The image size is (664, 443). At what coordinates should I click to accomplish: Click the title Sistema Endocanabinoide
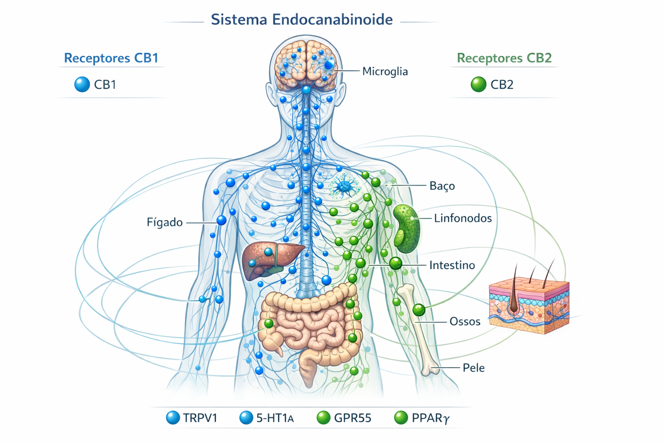click(301, 19)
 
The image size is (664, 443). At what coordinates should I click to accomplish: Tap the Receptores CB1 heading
click(111, 58)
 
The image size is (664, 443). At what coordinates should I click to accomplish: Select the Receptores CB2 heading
click(504, 58)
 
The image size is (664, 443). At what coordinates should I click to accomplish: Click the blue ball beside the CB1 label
click(82, 84)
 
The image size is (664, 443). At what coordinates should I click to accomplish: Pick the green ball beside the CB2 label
click(478, 84)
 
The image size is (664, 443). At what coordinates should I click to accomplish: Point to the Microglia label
click(385, 71)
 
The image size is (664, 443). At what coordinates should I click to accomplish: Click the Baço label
click(442, 186)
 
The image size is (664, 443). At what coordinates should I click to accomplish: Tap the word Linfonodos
click(463, 218)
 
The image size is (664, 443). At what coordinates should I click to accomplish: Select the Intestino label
click(452, 265)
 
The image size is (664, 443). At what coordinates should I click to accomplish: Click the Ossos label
click(465, 321)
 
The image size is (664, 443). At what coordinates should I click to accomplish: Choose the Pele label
click(473, 368)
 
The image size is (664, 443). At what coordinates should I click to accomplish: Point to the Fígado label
click(165, 222)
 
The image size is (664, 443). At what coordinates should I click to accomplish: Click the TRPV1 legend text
click(200, 418)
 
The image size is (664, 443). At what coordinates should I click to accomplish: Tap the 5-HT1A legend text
click(275, 418)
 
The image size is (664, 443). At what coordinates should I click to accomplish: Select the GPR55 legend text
click(352, 418)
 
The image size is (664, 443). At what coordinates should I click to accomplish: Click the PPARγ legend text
click(431, 418)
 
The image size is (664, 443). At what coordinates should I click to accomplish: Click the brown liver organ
click(268, 260)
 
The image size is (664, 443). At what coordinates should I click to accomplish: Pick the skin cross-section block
click(529, 305)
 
